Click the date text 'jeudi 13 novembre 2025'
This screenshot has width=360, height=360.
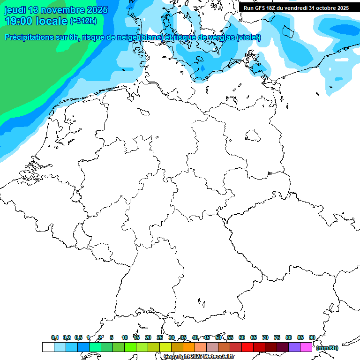click(56, 10)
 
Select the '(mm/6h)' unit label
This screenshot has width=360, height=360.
click(327, 348)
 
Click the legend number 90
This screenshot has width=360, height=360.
click(312, 337)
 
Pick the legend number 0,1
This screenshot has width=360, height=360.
click(55, 337)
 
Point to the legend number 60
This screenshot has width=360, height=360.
click(242, 337)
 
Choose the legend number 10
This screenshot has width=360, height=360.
click(125, 337)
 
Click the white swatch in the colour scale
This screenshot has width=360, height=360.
click(48, 347)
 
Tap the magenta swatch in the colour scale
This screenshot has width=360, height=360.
click(306, 347)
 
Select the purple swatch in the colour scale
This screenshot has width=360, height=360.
click(294, 347)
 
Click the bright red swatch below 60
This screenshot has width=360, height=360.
click(247, 347)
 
